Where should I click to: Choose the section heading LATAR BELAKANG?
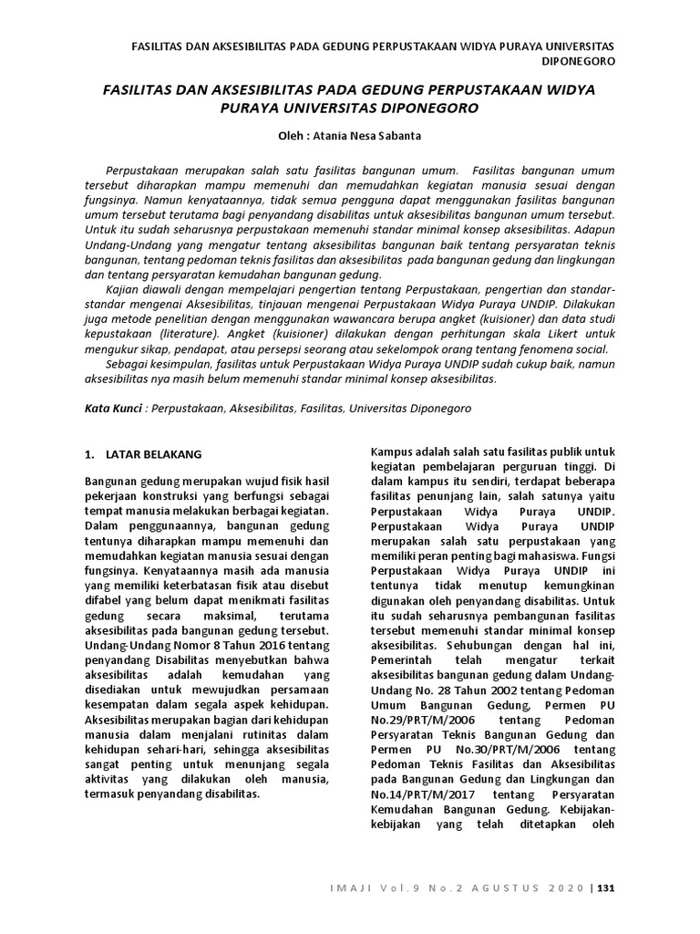154,453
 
